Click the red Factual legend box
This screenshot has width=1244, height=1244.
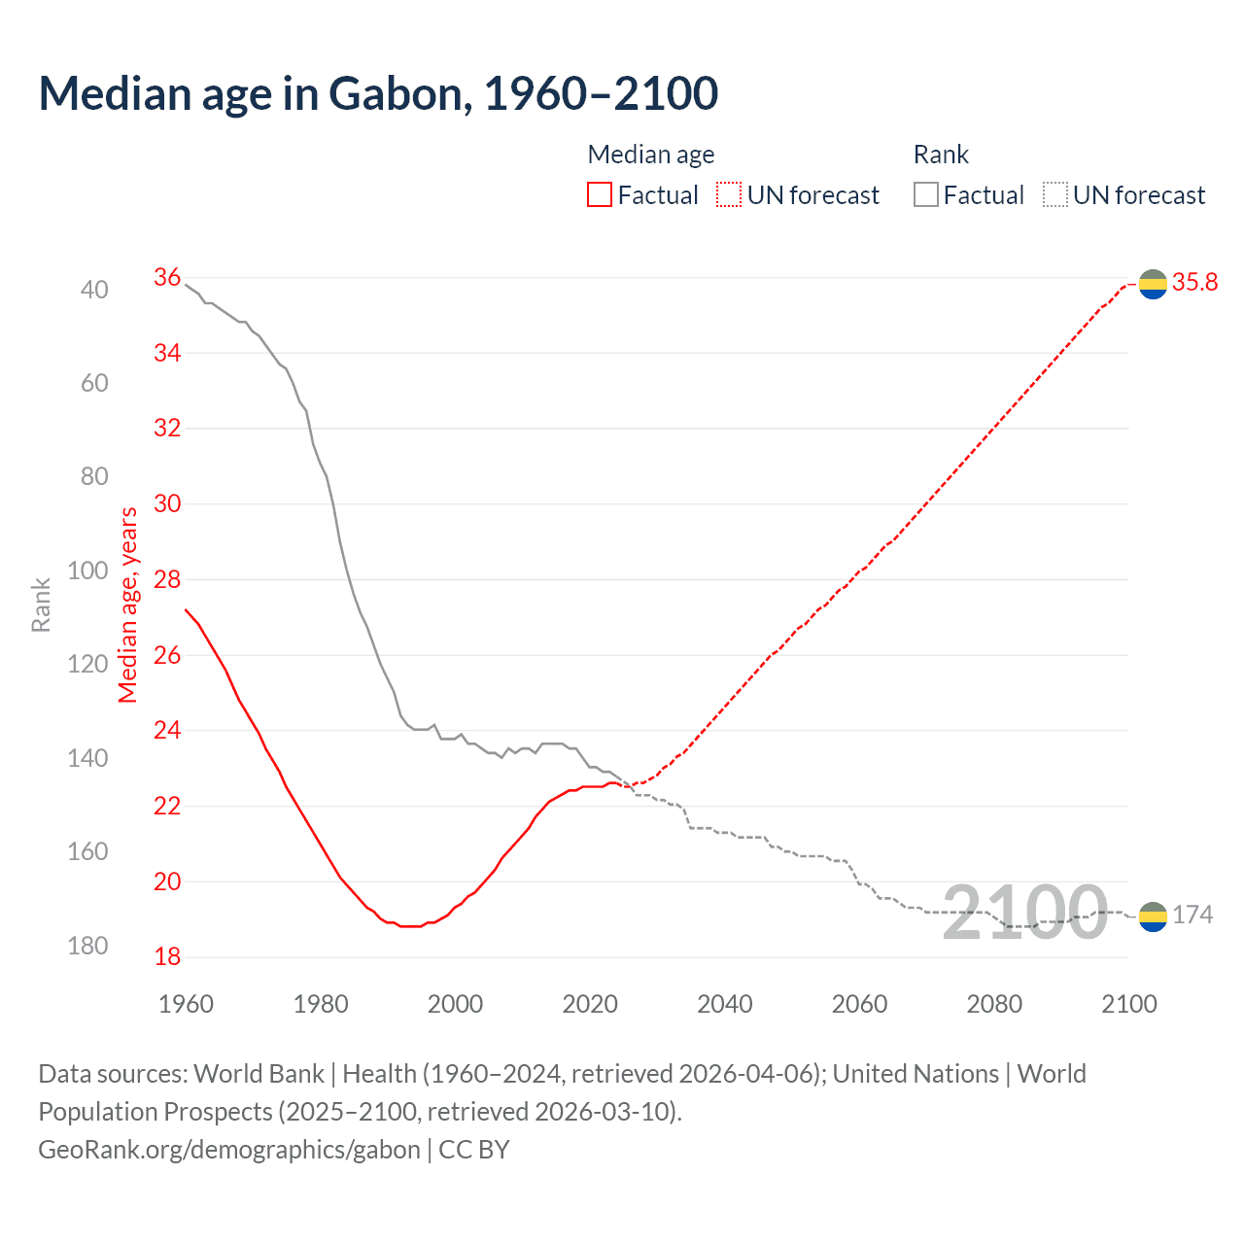(600, 194)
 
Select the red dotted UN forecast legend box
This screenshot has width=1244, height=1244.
(729, 194)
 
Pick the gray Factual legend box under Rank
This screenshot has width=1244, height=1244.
(926, 194)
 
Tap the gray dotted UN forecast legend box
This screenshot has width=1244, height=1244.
(1055, 194)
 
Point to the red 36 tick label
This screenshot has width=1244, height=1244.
(167, 278)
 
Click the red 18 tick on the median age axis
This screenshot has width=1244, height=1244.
(167, 956)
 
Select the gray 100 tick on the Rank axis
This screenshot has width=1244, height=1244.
(87, 570)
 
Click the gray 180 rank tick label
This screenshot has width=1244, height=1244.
(87, 946)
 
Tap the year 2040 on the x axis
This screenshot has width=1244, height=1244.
(725, 1004)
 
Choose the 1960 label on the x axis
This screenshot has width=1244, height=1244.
(186, 1004)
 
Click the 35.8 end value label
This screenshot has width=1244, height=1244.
(1194, 283)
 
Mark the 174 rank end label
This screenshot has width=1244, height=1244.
(1192, 915)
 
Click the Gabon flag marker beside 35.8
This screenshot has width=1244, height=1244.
(1153, 284)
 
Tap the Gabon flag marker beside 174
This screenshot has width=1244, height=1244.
(1153, 916)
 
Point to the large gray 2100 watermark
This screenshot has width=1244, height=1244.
(1025, 913)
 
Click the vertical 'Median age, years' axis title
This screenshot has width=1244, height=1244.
(128, 605)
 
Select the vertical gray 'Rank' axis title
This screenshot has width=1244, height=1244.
(41, 605)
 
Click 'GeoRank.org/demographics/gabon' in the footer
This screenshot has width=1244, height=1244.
(229, 1149)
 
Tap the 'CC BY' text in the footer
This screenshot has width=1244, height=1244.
(474, 1149)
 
